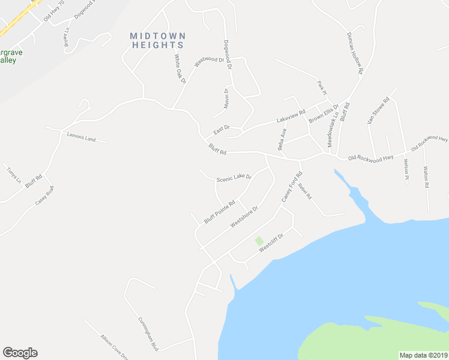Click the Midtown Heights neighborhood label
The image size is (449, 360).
tap(158, 40)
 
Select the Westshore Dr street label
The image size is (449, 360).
tap(244, 218)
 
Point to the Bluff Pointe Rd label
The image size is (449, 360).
tap(219, 212)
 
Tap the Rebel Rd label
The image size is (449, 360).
tap(305, 191)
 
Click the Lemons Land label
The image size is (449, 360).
tap(81, 139)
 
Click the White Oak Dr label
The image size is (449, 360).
tap(180, 68)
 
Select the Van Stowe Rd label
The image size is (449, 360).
tap(379, 110)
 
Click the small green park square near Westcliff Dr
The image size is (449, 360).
tap(259, 241)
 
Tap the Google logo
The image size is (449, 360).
tap(20, 353)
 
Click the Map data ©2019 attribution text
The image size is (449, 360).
tap(424, 355)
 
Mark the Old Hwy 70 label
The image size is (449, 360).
tap(53, 16)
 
